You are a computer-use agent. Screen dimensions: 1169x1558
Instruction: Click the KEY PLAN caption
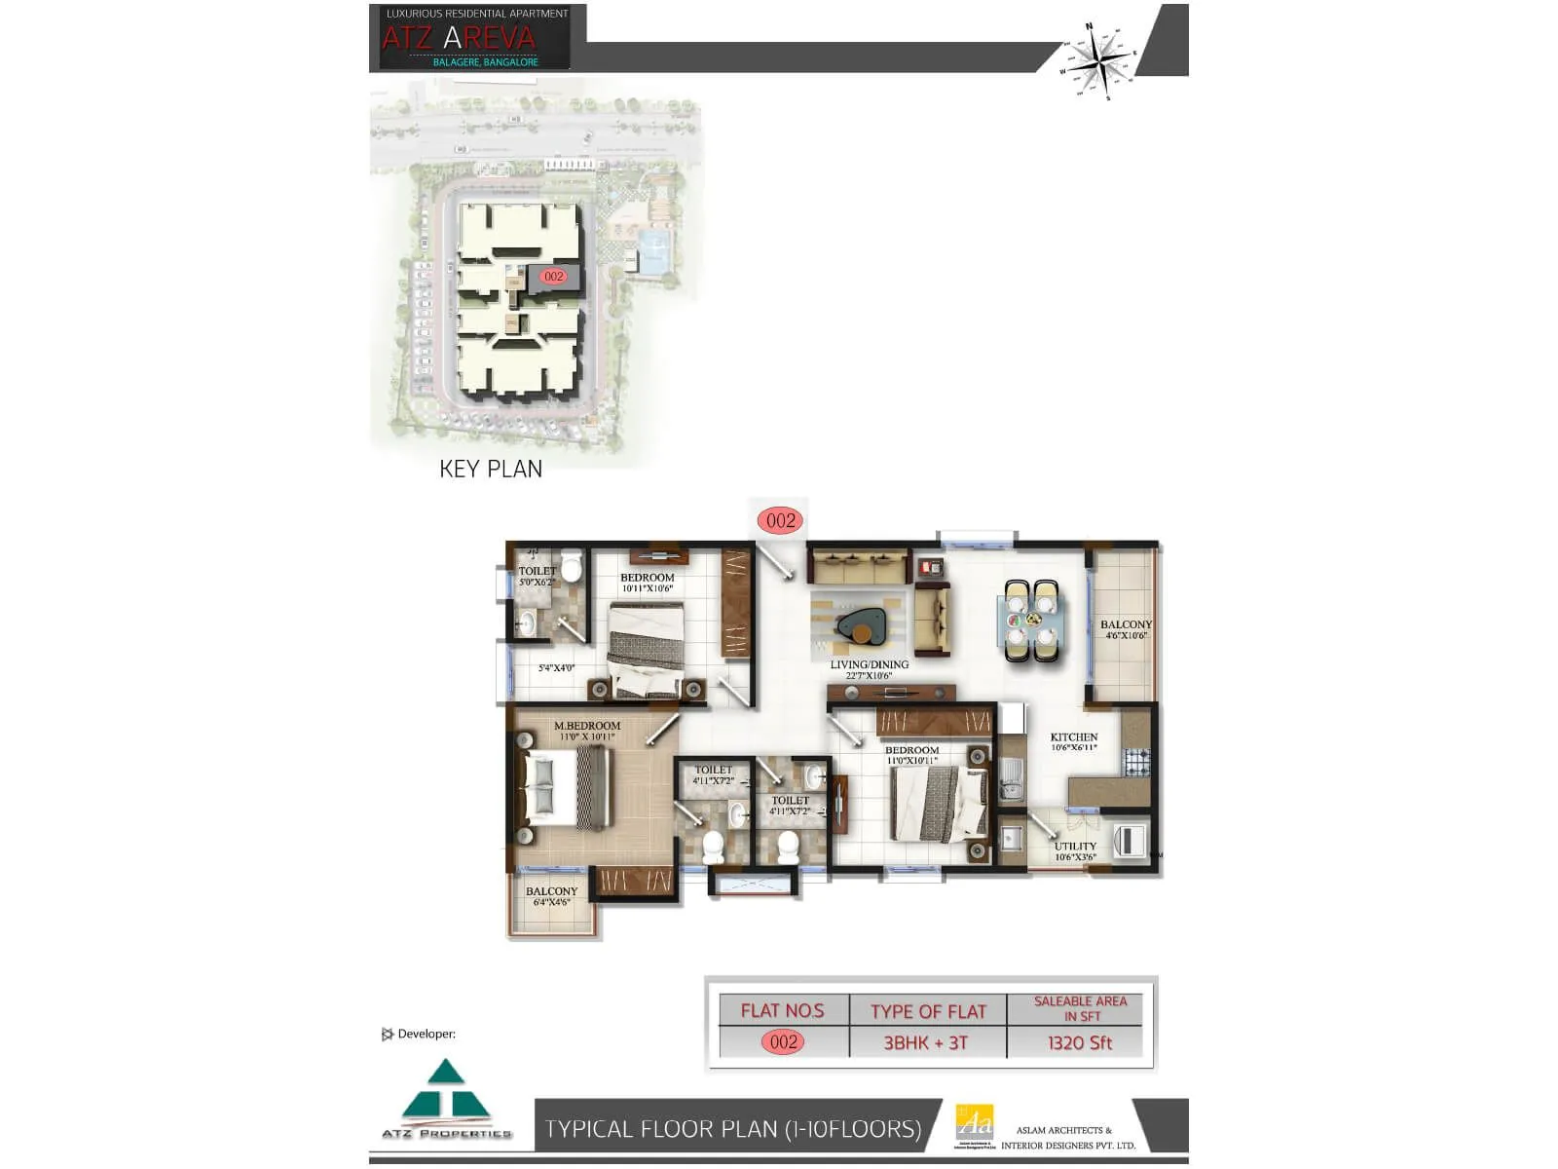[491, 470]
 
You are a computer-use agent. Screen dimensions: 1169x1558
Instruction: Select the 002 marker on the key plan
[554, 277]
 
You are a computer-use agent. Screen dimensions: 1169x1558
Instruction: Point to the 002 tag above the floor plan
[781, 520]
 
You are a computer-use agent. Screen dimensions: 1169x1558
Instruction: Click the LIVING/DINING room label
[869, 669]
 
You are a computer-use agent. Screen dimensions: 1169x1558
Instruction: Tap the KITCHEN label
[1074, 741]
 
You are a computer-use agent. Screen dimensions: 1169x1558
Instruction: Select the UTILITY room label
[1075, 850]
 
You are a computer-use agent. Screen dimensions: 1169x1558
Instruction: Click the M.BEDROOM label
[586, 731]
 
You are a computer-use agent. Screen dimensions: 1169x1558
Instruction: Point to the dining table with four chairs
[1030, 620]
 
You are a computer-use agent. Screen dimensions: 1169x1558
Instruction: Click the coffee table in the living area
[861, 623]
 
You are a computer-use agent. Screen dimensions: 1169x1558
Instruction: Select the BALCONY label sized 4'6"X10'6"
[1126, 629]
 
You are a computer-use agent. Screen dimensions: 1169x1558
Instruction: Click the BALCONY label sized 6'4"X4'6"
[551, 895]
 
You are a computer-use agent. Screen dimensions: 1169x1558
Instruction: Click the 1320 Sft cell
[1079, 1042]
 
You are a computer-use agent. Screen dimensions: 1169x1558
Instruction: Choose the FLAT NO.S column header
[782, 1011]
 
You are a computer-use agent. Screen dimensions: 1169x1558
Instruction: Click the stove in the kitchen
[1136, 761]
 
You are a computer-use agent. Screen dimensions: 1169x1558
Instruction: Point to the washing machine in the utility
[1130, 840]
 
